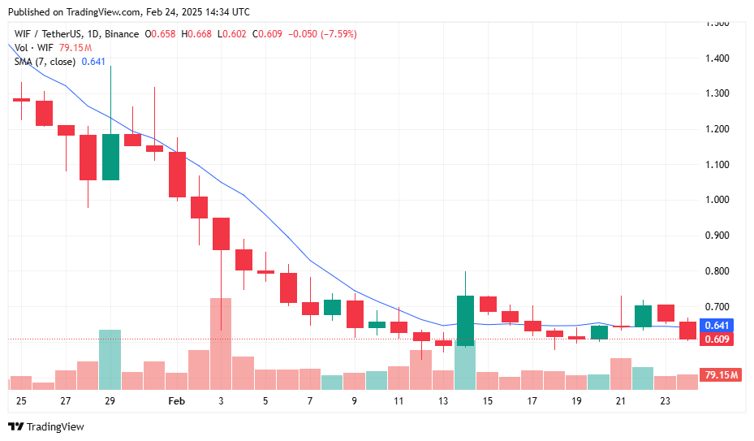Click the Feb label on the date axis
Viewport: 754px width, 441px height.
(x=176, y=401)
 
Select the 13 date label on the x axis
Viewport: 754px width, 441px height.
(x=442, y=401)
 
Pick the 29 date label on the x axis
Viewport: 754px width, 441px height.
(x=110, y=401)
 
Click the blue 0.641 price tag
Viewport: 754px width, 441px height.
(x=717, y=325)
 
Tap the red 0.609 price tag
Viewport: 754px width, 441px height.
(x=717, y=339)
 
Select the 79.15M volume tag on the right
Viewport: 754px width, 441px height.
(x=721, y=375)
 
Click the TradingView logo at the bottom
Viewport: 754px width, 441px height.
(x=46, y=426)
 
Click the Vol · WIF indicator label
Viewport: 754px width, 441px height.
(x=34, y=48)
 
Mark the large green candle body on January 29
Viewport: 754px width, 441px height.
(x=110, y=157)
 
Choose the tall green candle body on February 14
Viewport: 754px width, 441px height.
(x=465, y=321)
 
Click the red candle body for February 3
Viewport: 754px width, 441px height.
(x=221, y=234)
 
